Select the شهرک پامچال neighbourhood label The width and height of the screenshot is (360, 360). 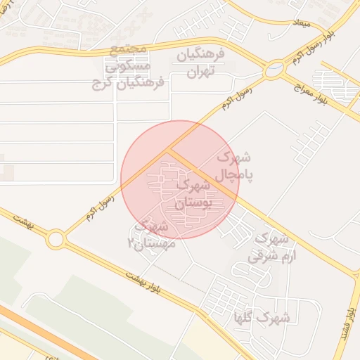tap(235, 165)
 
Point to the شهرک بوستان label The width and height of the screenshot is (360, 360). tap(192, 195)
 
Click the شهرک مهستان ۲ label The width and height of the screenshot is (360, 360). tap(148, 234)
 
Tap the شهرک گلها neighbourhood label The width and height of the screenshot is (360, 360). tap(264, 319)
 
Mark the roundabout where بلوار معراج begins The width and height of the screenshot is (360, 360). tap(274, 70)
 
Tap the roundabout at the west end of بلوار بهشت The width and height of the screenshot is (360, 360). tap(56, 239)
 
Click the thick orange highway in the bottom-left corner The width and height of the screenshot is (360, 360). tap(42, 330)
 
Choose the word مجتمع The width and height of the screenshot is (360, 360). tap(129, 49)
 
